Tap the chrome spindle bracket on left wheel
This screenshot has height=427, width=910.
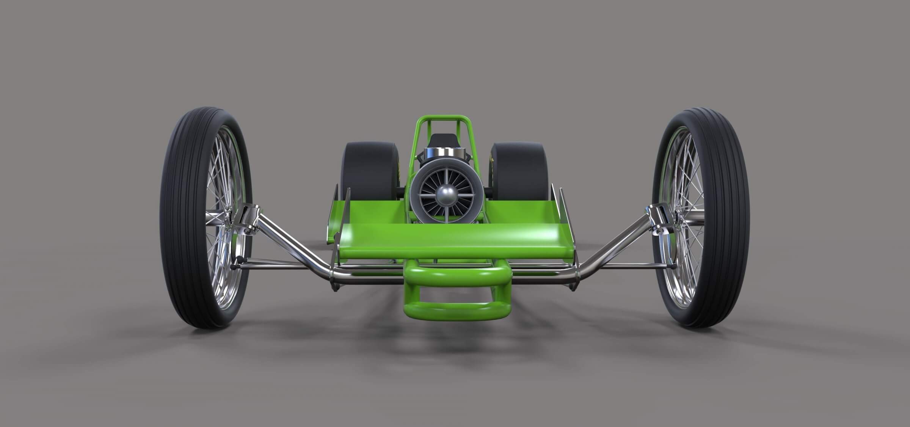click(x=248, y=220)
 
